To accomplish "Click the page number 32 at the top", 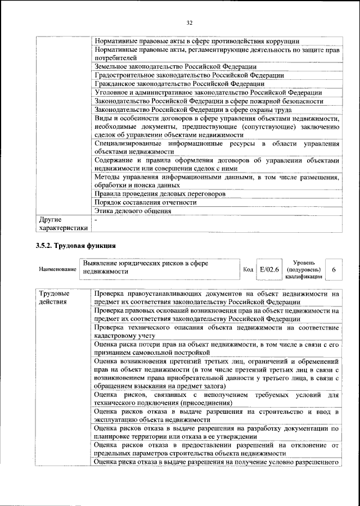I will pos(190,22).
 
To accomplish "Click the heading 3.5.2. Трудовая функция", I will pos(75,246).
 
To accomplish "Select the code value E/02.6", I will pos(269,270).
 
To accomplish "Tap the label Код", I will pos(247,270).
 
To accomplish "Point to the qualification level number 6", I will pos(334,270).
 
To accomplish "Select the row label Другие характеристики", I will pos(62,224).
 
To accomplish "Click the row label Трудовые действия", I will pos(55,297).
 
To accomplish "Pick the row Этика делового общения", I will pos(133,211).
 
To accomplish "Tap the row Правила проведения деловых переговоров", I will pos(160,193).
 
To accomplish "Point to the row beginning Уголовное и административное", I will pos(208,92).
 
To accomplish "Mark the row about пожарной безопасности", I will pos(209,101).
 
